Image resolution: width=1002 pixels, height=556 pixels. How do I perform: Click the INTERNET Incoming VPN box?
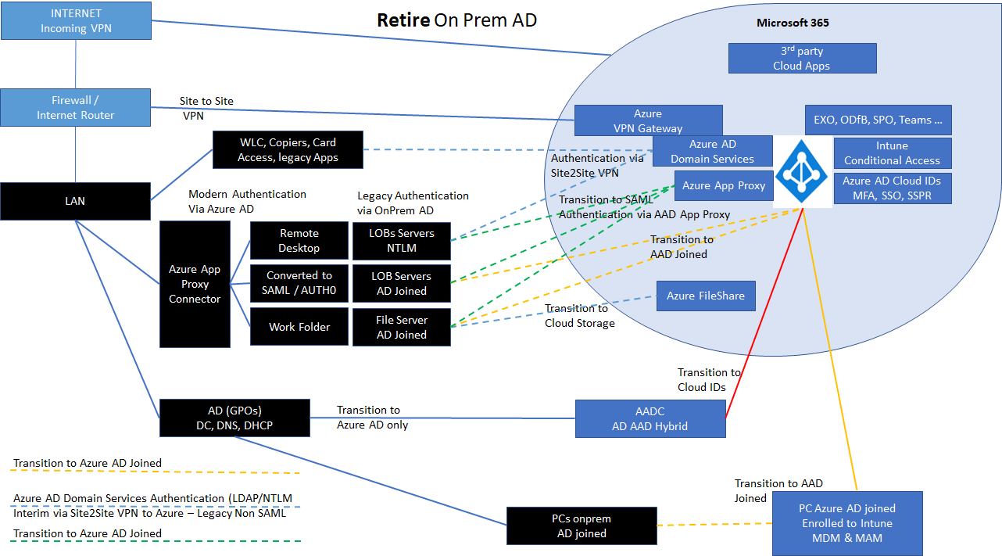(75, 21)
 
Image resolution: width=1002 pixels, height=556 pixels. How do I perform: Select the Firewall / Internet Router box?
(75, 107)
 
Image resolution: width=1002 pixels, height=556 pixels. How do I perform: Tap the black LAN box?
(75, 201)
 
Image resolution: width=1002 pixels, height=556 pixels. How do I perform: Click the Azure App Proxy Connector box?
(195, 284)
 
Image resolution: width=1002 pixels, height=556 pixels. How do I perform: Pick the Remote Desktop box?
(299, 240)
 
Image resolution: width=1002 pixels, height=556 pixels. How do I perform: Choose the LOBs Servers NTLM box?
(402, 240)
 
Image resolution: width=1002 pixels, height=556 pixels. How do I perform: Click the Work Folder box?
(299, 327)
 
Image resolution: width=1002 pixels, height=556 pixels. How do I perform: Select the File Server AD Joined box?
(402, 327)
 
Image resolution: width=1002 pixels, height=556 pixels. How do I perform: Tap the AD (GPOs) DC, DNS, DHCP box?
(234, 418)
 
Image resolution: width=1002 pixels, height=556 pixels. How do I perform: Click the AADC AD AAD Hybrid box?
(650, 418)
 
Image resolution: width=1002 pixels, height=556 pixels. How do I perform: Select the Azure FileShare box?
(705, 296)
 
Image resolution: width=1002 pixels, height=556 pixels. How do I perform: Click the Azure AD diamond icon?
(803, 171)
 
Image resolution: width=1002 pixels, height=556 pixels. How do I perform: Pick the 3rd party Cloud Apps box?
(802, 59)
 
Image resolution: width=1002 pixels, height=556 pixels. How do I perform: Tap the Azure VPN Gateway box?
(648, 120)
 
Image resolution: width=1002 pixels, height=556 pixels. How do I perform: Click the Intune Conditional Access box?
(892, 152)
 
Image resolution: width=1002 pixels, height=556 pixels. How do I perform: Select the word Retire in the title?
(403, 20)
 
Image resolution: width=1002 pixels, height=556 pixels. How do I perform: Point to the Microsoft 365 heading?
(793, 23)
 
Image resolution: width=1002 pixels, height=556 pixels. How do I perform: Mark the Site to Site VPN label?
(206, 107)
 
